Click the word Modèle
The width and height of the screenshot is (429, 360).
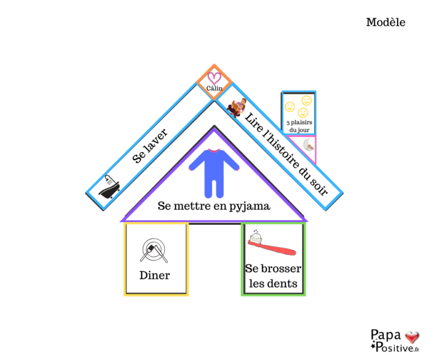[385, 22]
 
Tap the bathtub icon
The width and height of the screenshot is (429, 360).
[109, 186]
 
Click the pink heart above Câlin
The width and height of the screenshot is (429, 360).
[214, 77]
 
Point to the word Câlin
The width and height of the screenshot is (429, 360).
[214, 88]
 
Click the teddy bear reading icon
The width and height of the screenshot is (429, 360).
[237, 107]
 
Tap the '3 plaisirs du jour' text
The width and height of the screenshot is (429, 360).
[298, 125]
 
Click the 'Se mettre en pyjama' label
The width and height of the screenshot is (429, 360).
[214, 206]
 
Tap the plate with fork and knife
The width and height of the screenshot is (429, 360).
[155, 250]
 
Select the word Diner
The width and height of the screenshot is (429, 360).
[155, 275]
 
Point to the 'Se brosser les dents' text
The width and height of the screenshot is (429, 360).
[273, 276]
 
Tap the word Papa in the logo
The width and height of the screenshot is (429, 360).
[386, 335]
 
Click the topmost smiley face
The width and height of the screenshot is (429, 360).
[306, 100]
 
